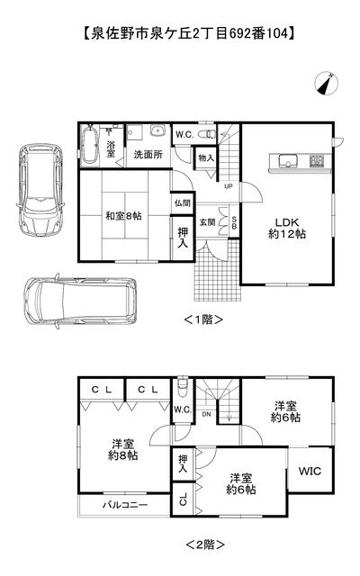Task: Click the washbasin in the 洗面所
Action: coord(158,131)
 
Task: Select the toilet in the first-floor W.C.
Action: coord(206,134)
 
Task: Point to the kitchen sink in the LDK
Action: coord(288,161)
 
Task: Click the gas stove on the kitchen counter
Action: coord(317,160)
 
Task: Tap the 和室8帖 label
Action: coord(123,216)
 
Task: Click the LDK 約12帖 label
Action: coord(287,228)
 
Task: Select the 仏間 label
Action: coord(183,202)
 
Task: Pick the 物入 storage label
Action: coord(206,158)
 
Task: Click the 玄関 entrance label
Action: coord(207,222)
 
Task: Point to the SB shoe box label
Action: coord(234,222)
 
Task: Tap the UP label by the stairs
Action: coord(229,186)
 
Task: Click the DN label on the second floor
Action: coord(206,414)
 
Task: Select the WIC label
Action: coord(310,471)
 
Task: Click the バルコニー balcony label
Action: coord(125,505)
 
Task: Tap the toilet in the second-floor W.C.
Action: coord(182,388)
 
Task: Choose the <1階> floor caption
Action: coord(203,319)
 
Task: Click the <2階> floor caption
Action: coord(205,544)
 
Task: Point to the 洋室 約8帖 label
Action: coord(122,450)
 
